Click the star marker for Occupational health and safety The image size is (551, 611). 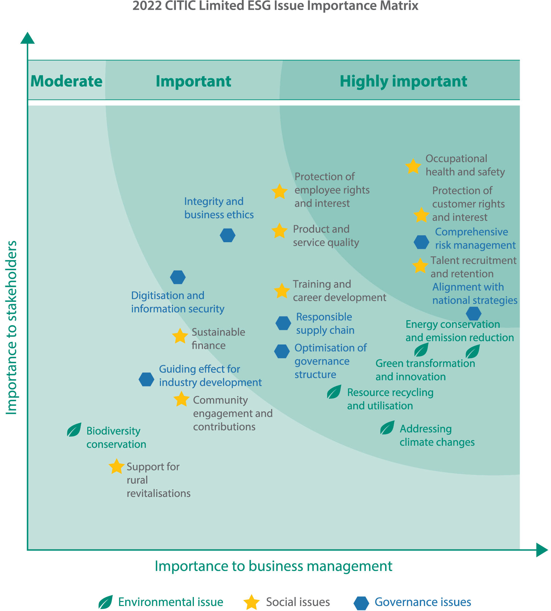click(413, 166)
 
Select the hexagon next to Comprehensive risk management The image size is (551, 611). click(421, 242)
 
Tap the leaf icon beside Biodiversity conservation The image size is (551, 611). click(74, 430)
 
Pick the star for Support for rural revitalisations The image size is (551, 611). click(116, 466)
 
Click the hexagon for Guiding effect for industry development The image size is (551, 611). click(146, 379)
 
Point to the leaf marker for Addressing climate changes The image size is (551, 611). click(387, 427)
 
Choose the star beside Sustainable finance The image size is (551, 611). click(180, 336)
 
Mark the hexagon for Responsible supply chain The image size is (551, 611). click(283, 323)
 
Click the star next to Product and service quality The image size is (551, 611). click(279, 231)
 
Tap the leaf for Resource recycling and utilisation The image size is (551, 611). click(334, 392)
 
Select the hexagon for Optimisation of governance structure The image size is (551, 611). click(282, 351)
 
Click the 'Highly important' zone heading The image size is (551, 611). click(403, 81)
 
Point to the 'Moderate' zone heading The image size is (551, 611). click(66, 81)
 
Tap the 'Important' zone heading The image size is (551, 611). click(193, 81)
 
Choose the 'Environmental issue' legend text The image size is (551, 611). click(171, 602)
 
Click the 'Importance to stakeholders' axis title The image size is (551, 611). click(12, 328)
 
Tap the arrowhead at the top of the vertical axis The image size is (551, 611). click(27, 38)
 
